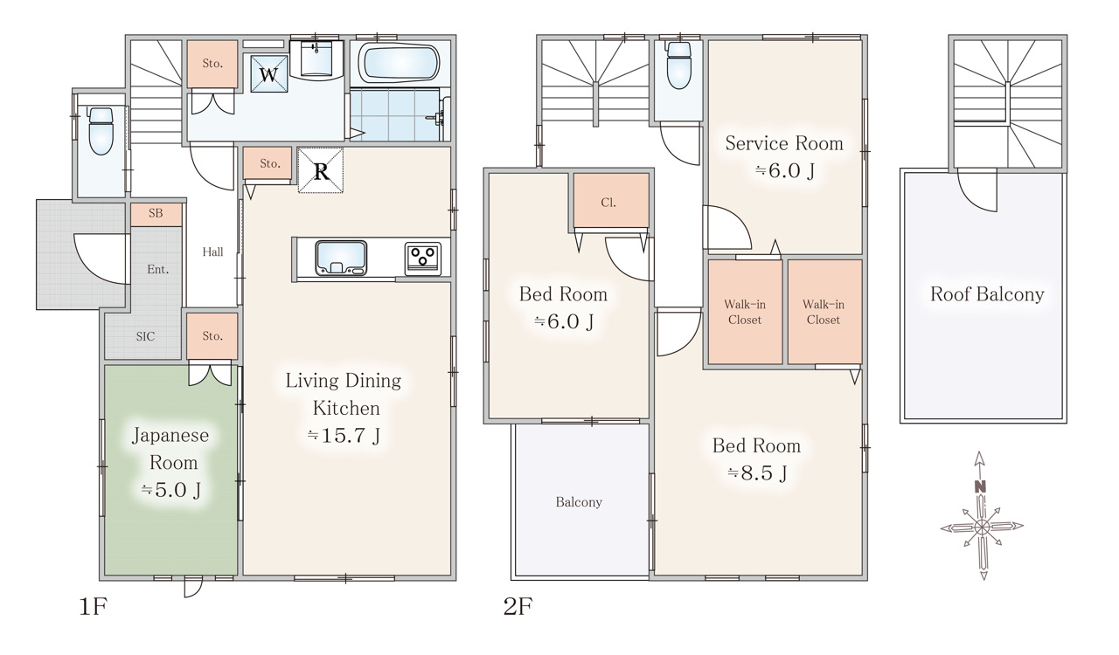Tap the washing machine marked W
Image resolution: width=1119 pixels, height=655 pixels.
[x=269, y=74]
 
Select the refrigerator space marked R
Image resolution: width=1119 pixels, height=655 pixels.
[x=321, y=170]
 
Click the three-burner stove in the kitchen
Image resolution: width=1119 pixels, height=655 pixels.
[x=422, y=259]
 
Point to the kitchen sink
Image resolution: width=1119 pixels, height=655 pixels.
[x=341, y=258]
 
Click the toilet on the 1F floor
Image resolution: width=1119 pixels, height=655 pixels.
[x=101, y=131]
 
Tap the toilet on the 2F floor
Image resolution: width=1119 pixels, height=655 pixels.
[x=679, y=65]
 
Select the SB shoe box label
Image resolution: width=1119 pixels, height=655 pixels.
[x=156, y=213]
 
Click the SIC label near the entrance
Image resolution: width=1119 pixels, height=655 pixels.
[x=145, y=336]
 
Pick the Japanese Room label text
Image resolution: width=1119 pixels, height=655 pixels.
[x=170, y=449]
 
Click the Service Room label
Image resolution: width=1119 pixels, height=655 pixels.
[x=784, y=144]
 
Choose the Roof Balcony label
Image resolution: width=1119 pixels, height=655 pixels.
[x=987, y=294]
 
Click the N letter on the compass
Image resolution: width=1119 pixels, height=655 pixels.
[x=980, y=487]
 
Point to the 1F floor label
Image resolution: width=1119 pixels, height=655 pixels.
[x=94, y=607]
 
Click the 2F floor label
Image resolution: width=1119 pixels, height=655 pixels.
[x=518, y=607]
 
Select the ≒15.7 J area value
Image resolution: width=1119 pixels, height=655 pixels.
[x=344, y=435]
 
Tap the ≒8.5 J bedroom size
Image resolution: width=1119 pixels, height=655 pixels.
[x=757, y=472]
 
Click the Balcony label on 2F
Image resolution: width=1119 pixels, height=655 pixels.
[x=579, y=502]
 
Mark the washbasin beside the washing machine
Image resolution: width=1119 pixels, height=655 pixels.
[x=316, y=59]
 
